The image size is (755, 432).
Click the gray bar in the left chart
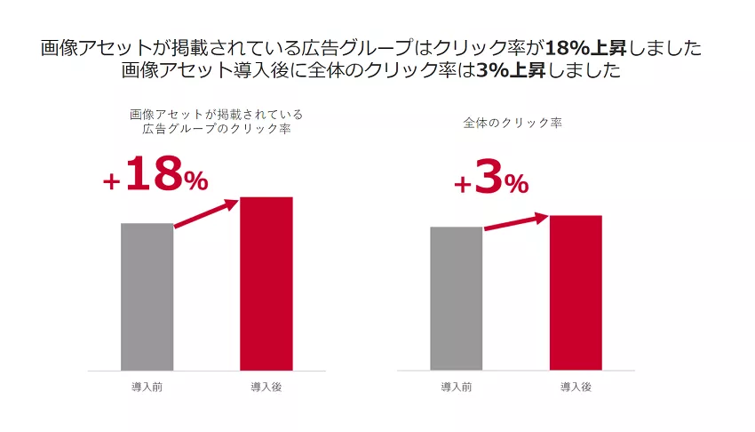(147, 296)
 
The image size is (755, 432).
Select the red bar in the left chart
(266, 283)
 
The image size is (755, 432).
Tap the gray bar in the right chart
(456, 298)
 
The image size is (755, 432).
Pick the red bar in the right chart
(576, 292)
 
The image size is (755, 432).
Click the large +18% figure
(156, 175)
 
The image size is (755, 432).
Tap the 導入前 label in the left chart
(147, 387)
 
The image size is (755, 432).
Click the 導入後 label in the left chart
(266, 387)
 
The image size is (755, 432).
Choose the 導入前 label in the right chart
(456, 387)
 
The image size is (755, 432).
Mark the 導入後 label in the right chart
(576, 387)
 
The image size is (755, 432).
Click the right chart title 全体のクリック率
(513, 123)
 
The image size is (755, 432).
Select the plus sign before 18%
(111, 181)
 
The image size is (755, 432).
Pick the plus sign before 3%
(462, 184)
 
